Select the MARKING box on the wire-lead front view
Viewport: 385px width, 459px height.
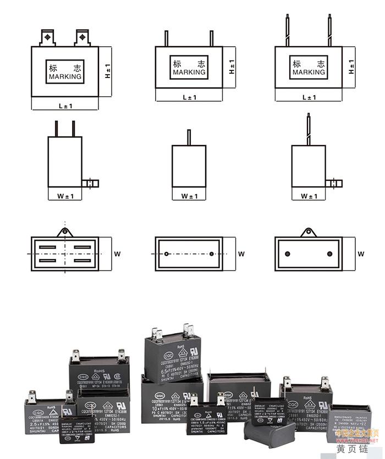click(309, 68)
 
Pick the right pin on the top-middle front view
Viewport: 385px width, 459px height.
click(211, 38)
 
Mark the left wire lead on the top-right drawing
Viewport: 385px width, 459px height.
click(286, 31)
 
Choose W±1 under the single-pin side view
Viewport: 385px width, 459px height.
click(189, 196)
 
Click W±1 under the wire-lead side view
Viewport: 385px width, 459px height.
click(309, 196)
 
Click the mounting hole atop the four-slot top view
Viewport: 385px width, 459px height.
click(65, 231)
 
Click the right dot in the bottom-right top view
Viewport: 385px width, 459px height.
click(329, 254)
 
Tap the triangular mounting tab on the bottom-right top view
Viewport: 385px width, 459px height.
click(309, 232)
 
